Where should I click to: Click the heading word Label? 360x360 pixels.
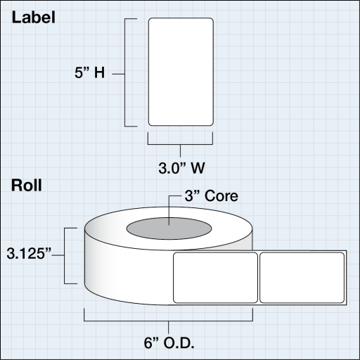[34, 18]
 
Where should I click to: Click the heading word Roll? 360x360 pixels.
[27, 185]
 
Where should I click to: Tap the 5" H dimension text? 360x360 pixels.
[90, 72]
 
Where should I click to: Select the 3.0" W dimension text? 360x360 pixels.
[181, 168]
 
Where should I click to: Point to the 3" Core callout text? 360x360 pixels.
[211, 195]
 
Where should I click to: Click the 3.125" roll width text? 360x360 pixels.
[29, 253]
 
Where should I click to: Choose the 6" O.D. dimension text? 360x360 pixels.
[169, 343]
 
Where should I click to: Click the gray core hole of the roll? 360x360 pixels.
[169, 229]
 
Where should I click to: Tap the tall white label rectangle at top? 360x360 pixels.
[181, 72]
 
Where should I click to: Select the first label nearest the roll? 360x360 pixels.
[215, 278]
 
